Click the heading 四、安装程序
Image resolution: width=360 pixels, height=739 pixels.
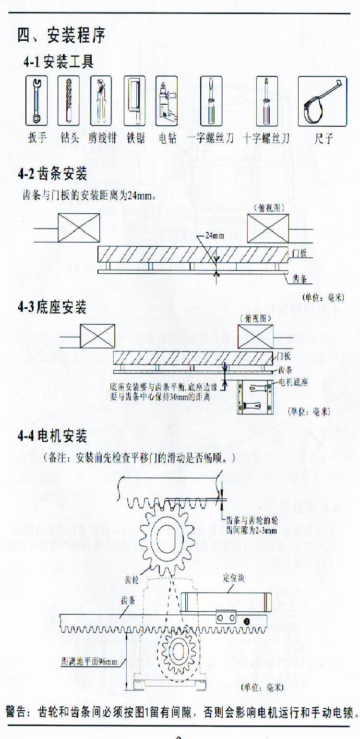(61, 36)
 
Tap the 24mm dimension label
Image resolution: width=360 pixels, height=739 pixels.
(215, 236)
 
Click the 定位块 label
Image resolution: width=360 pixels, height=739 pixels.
(234, 578)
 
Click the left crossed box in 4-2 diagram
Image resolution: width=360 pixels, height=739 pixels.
(79, 228)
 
